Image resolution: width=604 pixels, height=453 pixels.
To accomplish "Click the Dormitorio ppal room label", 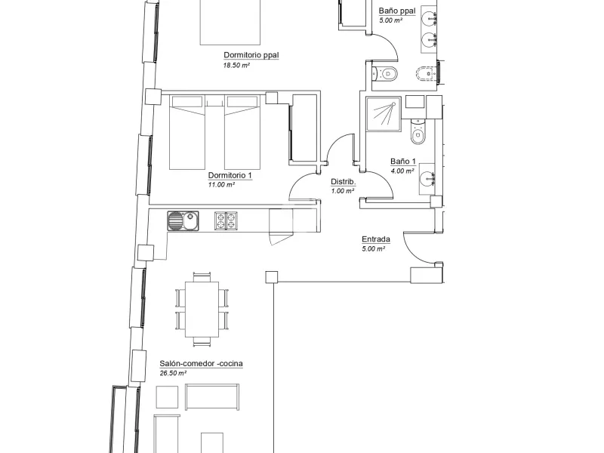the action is pos(251,55).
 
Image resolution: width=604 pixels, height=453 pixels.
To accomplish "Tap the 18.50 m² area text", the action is pos(236,66).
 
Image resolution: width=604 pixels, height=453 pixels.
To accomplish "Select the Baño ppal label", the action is pos(397,11).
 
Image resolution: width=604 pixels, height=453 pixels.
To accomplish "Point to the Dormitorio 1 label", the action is pos(230,175).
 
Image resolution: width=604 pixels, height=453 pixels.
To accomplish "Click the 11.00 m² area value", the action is pos(221,185).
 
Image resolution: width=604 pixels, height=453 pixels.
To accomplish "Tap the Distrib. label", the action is pos(344,182).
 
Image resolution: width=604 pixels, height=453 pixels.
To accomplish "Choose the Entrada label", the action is pos(376,239).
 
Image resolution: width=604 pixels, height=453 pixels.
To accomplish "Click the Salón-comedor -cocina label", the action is pos(201,363).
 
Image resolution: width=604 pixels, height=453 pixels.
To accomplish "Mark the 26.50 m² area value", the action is pos(173,373).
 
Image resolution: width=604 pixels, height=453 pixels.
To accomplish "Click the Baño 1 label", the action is pos(403,162).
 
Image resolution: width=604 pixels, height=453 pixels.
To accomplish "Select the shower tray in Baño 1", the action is pos(384,114).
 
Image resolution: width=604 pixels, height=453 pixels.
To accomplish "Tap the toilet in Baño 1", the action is pos(418,131).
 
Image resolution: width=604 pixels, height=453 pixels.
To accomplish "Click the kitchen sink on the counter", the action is pos(183,220).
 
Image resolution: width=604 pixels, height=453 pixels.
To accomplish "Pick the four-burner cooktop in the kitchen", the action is pos(226,220).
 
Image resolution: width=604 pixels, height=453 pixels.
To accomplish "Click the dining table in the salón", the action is pos(202,310).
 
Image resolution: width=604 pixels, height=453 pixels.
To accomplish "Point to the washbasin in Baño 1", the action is pos(427,178).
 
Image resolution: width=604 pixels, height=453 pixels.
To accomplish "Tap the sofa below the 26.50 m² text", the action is pos(212,397).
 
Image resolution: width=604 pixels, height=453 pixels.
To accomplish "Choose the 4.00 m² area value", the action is pos(402,171).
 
